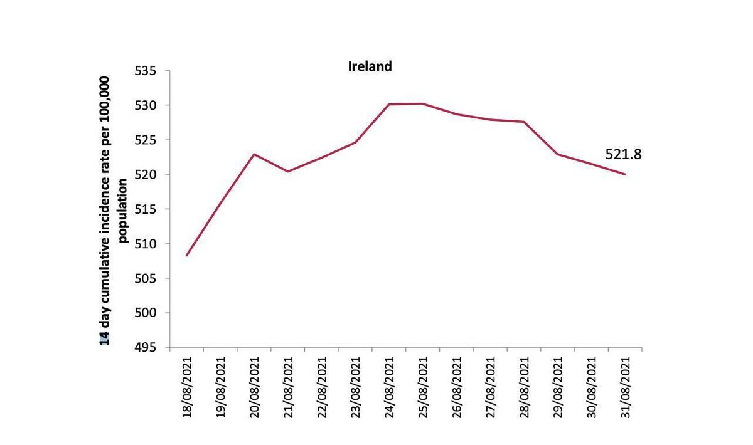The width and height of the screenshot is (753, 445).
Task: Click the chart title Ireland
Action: click(x=370, y=66)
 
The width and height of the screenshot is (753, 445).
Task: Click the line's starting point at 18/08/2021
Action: click(x=187, y=255)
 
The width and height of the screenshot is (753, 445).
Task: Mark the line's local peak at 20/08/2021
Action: click(x=254, y=154)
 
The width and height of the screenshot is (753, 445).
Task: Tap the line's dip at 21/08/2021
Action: click(x=288, y=171)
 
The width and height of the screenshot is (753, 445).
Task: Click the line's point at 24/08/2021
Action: click(x=389, y=105)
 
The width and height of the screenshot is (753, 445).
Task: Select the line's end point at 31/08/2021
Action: click(x=625, y=174)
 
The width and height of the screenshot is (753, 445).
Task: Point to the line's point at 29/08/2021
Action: click(x=558, y=154)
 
